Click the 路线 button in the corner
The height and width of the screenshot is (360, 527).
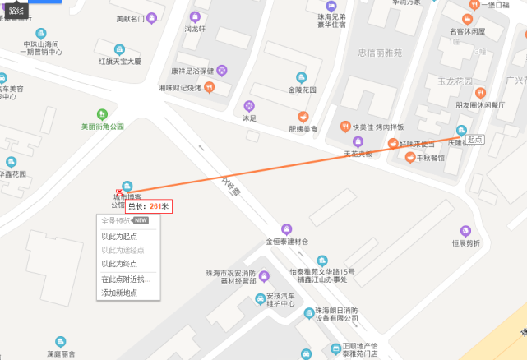pyautogui.click(x=16, y=11)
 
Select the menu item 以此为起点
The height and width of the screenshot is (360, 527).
pyautogui.click(x=119, y=237)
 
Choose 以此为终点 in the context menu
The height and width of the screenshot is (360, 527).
pyautogui.click(x=119, y=264)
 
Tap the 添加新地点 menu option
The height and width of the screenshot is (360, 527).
pyautogui.click(x=119, y=293)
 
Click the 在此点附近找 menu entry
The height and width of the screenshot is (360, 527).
pyautogui.click(x=125, y=279)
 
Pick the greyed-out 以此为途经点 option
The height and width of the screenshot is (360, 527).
pyautogui.click(x=123, y=250)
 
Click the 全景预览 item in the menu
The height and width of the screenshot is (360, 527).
pyautogui.click(x=115, y=221)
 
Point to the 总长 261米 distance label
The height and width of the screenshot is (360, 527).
pyautogui.click(x=148, y=206)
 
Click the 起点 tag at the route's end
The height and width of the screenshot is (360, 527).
pyautogui.click(x=474, y=140)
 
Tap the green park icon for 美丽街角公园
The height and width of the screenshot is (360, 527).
pyautogui.click(x=102, y=114)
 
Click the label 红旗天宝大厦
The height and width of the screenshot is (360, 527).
pyautogui.click(x=120, y=61)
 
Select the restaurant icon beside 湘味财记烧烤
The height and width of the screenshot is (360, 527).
pyautogui.click(x=209, y=88)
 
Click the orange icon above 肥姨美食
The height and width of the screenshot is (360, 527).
pyautogui.click(x=303, y=117)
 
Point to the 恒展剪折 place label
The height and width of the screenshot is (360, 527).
pyautogui.click(x=465, y=242)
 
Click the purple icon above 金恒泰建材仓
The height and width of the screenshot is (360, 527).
pyautogui.click(x=286, y=228)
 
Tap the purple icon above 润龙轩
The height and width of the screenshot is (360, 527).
pyautogui.click(x=195, y=16)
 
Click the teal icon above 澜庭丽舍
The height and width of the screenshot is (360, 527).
pyautogui.click(x=61, y=341)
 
